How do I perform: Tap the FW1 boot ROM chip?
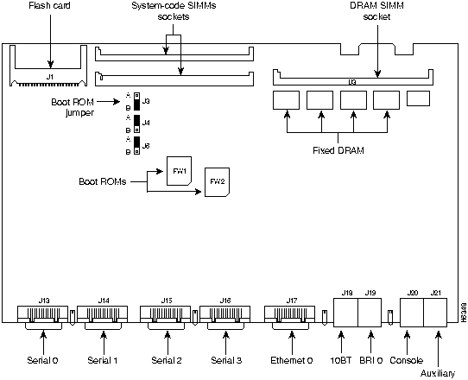pos(180,171)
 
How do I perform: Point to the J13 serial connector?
pos(43,313)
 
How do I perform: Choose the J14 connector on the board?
pos(104,313)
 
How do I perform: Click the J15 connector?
pos(166,313)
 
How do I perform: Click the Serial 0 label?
pos(43,358)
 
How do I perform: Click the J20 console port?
pos(411,313)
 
